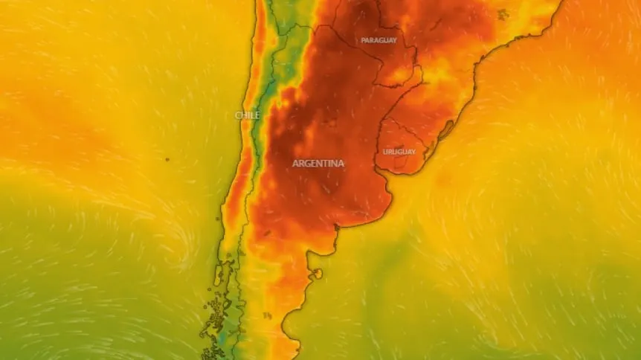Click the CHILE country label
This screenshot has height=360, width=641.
(248, 115)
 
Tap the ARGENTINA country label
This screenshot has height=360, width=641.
(318, 163)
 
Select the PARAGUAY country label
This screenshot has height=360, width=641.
(379, 40)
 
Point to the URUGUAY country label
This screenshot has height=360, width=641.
(399, 152)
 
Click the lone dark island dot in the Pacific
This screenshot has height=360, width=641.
(167, 158)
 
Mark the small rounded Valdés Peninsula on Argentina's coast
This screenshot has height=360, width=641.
(318, 274)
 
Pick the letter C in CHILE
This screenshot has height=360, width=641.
(238, 115)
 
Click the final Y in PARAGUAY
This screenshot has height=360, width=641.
(394, 40)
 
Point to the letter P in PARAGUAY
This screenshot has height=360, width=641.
(363, 40)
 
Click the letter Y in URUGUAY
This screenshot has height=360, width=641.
(413, 152)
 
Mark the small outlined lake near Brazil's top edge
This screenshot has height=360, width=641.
(503, 13)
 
